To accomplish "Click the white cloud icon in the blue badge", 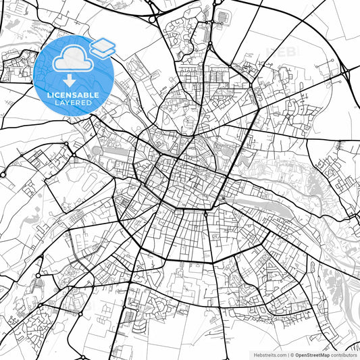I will [x=70, y=60].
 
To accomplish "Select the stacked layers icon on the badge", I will [x=102, y=47].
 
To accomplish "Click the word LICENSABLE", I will [x=74, y=95].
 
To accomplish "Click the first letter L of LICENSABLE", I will [x=48, y=95].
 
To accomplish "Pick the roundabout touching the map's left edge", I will [x=3, y=174].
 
